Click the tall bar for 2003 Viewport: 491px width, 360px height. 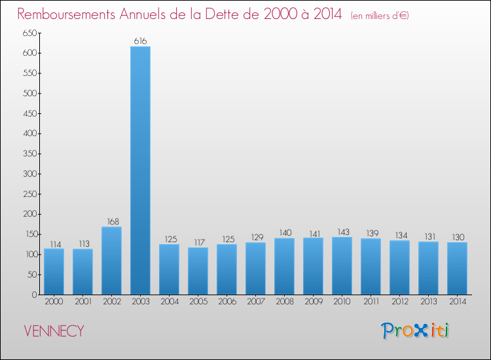tap(140, 170)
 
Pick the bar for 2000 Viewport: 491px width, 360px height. tap(54, 271)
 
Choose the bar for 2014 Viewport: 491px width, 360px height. tap(457, 268)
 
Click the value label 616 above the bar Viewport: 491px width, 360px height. tap(140, 41)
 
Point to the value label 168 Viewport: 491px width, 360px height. tap(111, 222)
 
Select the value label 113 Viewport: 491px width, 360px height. tap(82, 244)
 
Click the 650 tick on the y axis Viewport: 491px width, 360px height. tap(29, 33)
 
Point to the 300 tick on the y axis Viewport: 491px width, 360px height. tap(29, 173)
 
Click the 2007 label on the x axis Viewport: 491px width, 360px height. tap(255, 302)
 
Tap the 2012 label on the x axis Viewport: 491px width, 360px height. tap(399, 302)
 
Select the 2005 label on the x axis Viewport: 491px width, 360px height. tap(198, 302)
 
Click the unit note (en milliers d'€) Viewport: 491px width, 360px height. tap(380, 15)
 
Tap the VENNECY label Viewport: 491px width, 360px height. tap(54, 331)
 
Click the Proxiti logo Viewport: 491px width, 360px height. tap(415, 331)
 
